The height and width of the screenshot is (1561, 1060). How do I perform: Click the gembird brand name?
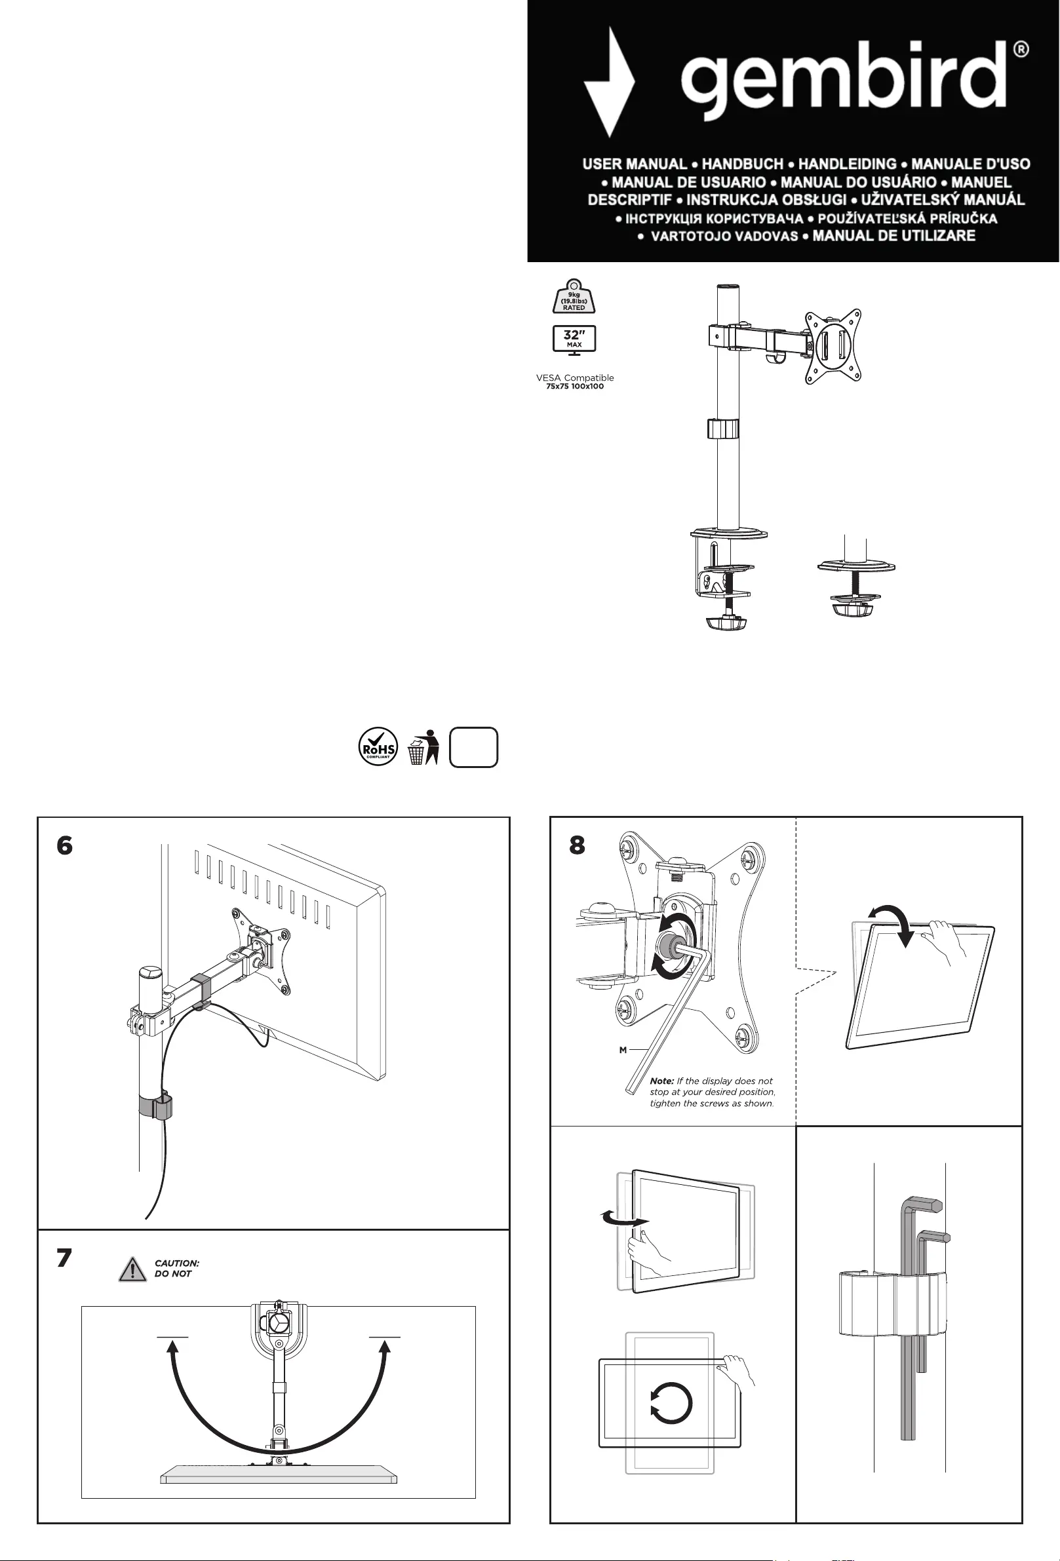click(x=844, y=79)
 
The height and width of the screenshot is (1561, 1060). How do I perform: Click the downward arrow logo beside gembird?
click(x=608, y=82)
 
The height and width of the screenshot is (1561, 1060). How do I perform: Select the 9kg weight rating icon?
click(x=574, y=297)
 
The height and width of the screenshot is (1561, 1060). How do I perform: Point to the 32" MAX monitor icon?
click(x=574, y=339)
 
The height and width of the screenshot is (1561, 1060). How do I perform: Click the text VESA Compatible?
click(x=574, y=377)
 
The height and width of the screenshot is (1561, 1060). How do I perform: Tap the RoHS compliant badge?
click(x=378, y=747)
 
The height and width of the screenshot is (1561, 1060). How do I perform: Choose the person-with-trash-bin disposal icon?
click(x=423, y=748)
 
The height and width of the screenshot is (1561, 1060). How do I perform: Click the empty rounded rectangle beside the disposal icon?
click(x=473, y=748)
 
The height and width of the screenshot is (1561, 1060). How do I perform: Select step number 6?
click(x=64, y=845)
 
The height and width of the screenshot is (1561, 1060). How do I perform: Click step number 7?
click(x=64, y=1258)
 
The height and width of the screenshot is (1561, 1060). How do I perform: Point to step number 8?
click(x=577, y=845)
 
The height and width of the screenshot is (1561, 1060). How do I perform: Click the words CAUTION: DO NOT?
click(x=177, y=1268)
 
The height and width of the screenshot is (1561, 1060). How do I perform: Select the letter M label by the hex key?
click(x=623, y=1050)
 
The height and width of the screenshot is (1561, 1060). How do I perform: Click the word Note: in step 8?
click(x=661, y=1081)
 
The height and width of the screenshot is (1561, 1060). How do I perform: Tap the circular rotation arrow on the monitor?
click(x=671, y=1403)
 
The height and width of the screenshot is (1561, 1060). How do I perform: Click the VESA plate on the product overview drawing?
click(x=833, y=346)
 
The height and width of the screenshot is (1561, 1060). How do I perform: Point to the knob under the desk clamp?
click(x=726, y=623)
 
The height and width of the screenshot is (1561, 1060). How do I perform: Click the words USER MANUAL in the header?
click(x=634, y=164)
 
